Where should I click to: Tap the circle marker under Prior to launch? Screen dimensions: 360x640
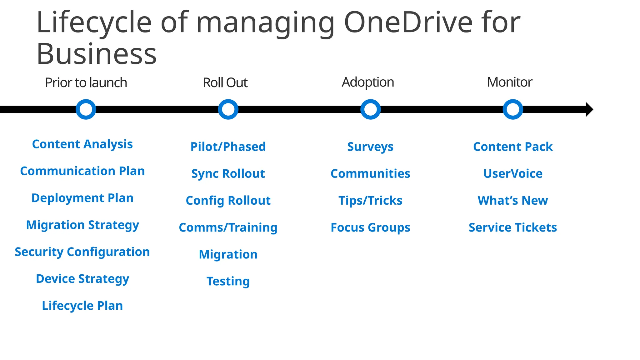tap(86, 109)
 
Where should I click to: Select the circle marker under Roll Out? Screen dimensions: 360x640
tap(228, 109)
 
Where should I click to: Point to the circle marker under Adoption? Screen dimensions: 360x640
tap(371, 109)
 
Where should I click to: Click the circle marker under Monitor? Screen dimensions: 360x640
tap(513, 109)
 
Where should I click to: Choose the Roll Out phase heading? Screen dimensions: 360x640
tap(225, 83)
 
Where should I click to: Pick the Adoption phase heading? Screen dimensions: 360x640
tap(368, 82)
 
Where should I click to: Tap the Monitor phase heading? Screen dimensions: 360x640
tap(509, 82)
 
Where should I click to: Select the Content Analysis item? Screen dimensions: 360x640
tap(82, 144)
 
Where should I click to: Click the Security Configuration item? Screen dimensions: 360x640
tap(82, 252)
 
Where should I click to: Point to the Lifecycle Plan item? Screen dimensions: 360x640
tap(82, 306)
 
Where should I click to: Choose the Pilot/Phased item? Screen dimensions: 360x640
tap(228, 147)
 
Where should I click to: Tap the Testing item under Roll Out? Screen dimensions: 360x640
tap(228, 281)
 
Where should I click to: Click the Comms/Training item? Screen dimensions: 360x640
tap(228, 227)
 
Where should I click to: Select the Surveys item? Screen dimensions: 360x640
tap(370, 147)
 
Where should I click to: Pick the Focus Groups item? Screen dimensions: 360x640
tap(370, 227)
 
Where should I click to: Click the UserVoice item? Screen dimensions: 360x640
tap(513, 173)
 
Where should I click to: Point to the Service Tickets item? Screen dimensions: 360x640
tap(513, 227)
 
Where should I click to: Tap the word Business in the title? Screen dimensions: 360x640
tap(97, 54)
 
